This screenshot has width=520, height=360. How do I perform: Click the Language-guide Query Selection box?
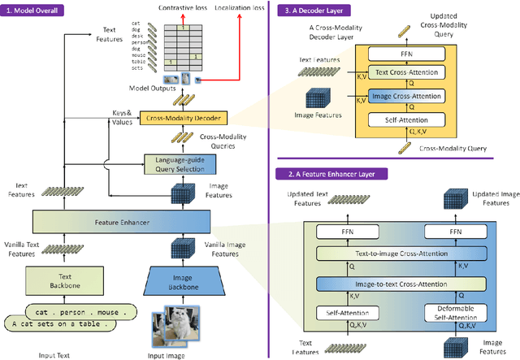tap(181, 164)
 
